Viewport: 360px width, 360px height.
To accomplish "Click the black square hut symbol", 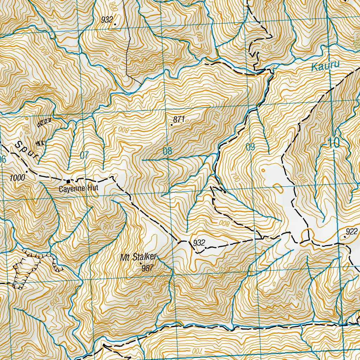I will coord(68,181).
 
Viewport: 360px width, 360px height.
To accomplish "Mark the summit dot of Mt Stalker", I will coord(141,263).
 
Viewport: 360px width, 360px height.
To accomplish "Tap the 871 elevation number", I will coord(179,120).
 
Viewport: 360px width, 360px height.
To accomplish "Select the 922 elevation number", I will coord(351,231).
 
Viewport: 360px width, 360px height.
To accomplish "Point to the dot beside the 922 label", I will coord(345,237).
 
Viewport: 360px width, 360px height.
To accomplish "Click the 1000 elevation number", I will coord(17,178).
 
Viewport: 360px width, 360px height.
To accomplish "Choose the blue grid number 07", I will coord(84,154).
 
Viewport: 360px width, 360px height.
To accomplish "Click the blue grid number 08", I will coord(168,152).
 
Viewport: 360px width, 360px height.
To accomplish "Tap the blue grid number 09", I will coord(250,147).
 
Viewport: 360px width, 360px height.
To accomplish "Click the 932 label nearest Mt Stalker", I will coord(199,243).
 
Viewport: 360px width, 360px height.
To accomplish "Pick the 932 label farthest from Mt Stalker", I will coord(107,20).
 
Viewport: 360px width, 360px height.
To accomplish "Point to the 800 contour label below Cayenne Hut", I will coord(108,227).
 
